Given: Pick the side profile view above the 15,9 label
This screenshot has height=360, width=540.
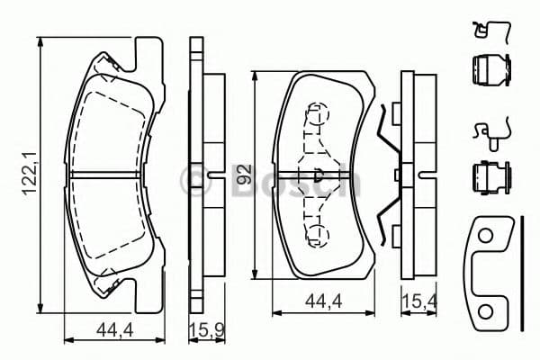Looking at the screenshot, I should (202, 175).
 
